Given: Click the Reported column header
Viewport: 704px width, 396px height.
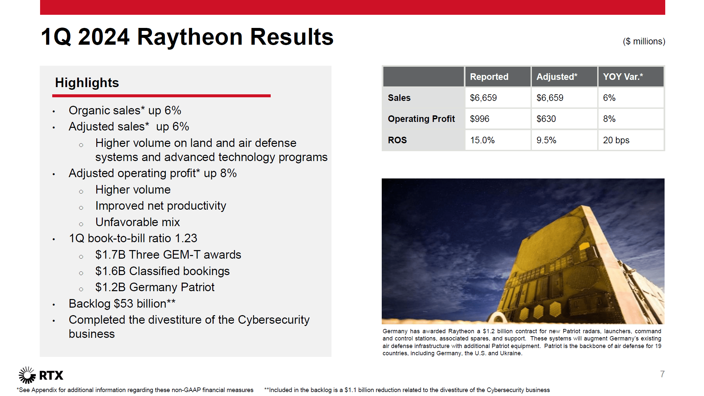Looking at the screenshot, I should [489, 77].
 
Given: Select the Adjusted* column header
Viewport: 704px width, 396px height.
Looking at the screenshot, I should [556, 77].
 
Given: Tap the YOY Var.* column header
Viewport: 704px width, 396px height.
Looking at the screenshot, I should [623, 77].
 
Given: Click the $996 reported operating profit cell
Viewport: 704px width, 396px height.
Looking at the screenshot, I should [480, 119].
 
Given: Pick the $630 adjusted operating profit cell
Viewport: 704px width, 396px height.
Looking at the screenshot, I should [546, 119].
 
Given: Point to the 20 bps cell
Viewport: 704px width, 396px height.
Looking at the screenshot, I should [616, 140].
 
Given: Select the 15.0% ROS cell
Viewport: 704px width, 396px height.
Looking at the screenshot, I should [482, 140].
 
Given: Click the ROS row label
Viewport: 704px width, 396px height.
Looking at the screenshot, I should [397, 140].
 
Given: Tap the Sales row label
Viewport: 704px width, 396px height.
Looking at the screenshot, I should [399, 98].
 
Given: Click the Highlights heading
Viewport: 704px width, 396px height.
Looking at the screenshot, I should [87, 83].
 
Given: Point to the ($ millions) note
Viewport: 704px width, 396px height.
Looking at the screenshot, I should [644, 41].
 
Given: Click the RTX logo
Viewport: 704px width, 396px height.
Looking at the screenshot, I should [41, 375].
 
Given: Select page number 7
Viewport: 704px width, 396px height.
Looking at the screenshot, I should [662, 374].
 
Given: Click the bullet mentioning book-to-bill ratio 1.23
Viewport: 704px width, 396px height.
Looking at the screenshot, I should [133, 238].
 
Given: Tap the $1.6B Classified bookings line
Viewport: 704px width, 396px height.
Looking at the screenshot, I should [162, 271].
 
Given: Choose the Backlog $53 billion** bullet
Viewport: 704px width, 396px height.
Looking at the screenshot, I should [122, 304].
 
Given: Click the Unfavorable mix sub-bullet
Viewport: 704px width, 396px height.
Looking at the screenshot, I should [137, 222].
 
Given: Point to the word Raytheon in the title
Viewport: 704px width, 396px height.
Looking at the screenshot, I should [190, 37].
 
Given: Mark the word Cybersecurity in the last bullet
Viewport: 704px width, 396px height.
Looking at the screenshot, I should [273, 320].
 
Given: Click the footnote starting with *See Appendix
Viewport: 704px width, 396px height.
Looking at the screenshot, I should [135, 390].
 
